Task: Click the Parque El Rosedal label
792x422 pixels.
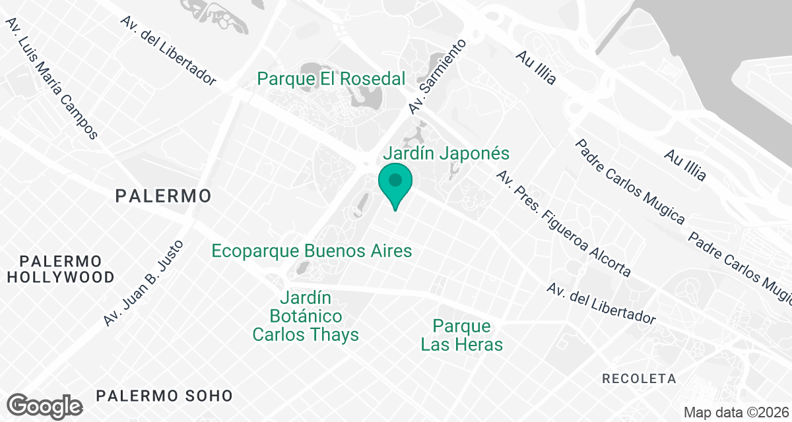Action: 331,79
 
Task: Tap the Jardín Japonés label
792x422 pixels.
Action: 447,154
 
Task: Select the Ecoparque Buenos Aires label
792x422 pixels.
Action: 312,251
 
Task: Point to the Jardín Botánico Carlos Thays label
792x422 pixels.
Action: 306,316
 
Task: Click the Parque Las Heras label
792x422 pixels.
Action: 462,335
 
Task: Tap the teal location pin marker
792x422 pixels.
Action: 395,185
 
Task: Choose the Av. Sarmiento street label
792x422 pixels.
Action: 437,76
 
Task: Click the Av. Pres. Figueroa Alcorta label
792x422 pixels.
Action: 564,224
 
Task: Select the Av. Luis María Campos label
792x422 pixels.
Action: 51,78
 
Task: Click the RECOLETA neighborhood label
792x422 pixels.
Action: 640,379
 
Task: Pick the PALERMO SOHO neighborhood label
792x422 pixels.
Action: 164,396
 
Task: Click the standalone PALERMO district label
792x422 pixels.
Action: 163,196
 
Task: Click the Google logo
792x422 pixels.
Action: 45,406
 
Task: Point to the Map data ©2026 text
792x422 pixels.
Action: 736,412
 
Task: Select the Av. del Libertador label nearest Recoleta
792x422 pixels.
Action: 602,304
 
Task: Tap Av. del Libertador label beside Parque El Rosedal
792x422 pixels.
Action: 168,50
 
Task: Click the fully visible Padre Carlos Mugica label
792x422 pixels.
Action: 631,182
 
